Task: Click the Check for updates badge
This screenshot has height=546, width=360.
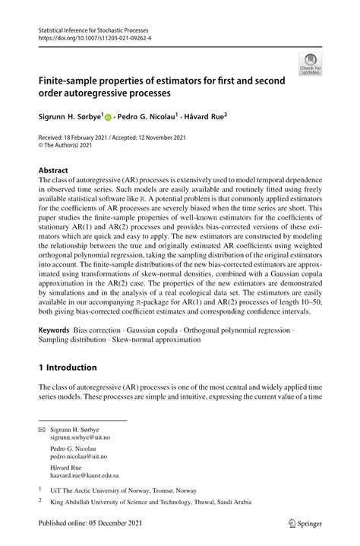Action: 310,63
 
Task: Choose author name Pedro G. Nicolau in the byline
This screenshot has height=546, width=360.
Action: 147,118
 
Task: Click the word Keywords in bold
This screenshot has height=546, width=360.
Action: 55,330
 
